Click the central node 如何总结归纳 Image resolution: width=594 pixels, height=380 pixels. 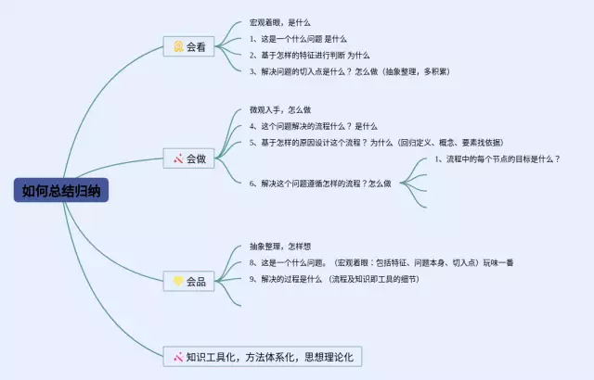66,192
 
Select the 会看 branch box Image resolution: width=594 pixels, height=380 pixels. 190,46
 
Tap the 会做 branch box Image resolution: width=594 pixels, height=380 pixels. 190,159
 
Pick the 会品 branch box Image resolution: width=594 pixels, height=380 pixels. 190,280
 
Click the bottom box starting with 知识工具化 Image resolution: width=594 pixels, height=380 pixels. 263,357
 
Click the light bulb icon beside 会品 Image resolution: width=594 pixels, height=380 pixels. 177,280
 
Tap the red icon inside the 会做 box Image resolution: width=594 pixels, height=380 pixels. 177,159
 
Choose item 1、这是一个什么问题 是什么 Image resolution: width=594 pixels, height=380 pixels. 298,38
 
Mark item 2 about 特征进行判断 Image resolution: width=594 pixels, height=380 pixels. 310,55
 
